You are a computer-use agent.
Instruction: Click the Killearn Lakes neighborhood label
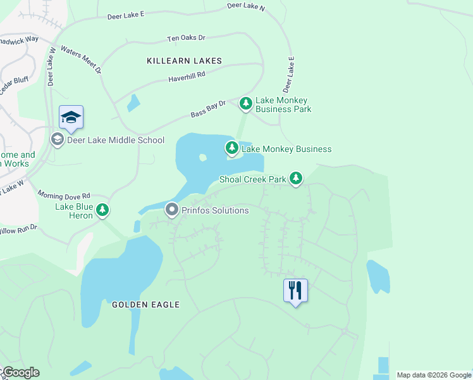(x=184, y=61)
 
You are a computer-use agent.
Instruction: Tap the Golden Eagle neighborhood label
(x=145, y=305)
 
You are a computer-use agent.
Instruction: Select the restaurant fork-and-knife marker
(x=295, y=291)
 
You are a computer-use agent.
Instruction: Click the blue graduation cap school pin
(x=71, y=117)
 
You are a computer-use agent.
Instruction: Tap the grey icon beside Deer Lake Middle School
(x=57, y=140)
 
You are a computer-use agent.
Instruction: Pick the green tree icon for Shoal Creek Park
(x=295, y=179)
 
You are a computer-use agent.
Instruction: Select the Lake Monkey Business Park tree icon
(x=245, y=104)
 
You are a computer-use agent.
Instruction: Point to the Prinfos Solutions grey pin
(x=171, y=210)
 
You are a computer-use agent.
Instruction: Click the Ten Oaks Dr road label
(x=186, y=38)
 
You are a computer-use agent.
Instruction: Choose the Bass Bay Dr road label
(x=208, y=109)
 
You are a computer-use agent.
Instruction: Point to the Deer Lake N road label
(x=247, y=7)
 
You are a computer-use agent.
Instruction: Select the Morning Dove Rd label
(x=63, y=194)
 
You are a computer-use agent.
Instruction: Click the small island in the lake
(x=202, y=158)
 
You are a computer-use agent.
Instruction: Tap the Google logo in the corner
(x=20, y=372)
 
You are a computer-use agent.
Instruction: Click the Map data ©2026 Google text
(x=433, y=375)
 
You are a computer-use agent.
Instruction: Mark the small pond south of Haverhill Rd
(x=133, y=103)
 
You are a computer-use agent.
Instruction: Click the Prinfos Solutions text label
(x=215, y=210)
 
